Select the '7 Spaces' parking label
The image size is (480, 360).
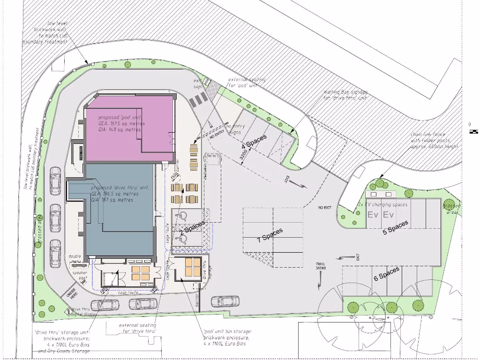(x=270, y=235)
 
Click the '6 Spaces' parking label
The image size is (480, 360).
(x=387, y=274)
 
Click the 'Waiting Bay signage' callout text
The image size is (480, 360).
(x=345, y=95)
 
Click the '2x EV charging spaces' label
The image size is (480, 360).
(x=382, y=205)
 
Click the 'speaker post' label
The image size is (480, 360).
(x=80, y=275)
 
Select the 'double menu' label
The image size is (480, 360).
(x=75, y=259)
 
